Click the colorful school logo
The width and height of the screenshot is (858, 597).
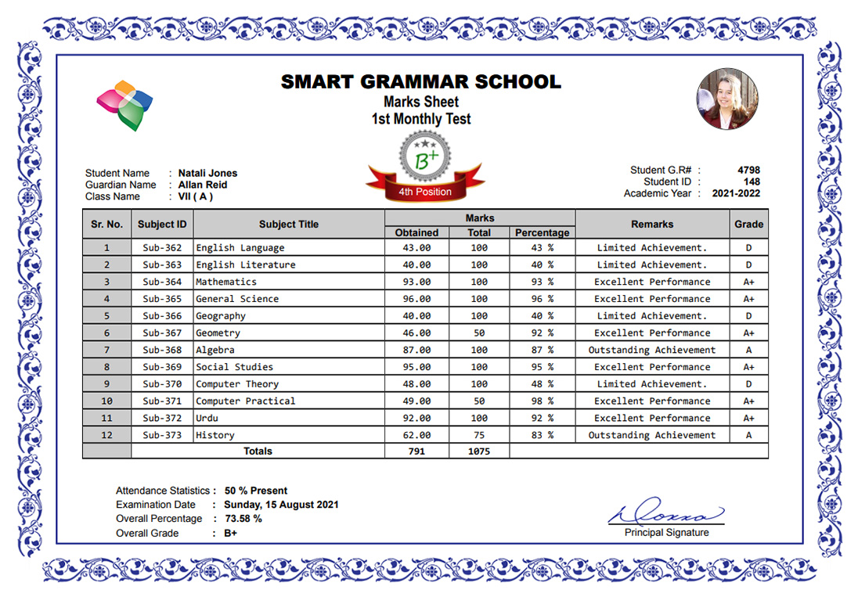(x=124, y=103)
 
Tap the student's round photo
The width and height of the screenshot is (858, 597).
(x=726, y=99)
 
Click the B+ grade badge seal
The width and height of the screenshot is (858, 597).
(x=426, y=159)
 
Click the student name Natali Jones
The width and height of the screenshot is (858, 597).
(x=207, y=174)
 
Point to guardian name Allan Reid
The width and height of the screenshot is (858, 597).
(x=203, y=185)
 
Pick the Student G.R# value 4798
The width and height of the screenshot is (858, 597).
(x=748, y=170)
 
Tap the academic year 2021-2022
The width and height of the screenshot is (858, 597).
(x=736, y=193)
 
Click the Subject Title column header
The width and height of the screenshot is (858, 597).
(x=289, y=224)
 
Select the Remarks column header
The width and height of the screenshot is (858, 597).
(x=652, y=224)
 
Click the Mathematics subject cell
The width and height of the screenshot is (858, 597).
(x=226, y=282)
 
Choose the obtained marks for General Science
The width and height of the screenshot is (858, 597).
(x=416, y=299)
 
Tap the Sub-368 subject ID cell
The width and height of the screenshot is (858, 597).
(x=162, y=350)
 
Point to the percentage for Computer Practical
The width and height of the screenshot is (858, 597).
(x=542, y=401)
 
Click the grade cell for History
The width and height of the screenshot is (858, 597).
(x=748, y=435)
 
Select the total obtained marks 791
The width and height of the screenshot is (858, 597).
(x=416, y=451)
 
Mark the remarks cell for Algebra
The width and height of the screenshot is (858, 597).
(x=652, y=350)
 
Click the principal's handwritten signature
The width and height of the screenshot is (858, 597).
(x=666, y=513)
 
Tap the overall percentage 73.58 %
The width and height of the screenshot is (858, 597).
(x=243, y=519)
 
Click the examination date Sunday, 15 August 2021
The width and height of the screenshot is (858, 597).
(x=281, y=505)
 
